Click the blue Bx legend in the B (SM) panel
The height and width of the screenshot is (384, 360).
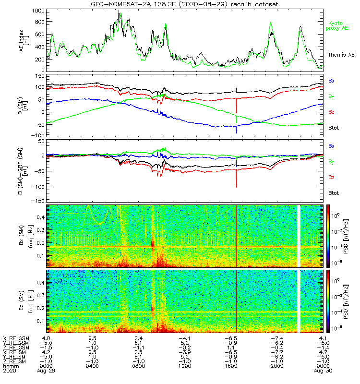point(332,81)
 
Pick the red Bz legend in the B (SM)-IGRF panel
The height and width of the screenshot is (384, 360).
point(332,177)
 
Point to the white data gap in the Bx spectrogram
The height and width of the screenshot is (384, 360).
point(298,235)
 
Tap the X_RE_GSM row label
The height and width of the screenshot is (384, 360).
point(16,339)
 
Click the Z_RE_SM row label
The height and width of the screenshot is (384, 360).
point(16,360)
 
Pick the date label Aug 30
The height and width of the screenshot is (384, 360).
point(322,371)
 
